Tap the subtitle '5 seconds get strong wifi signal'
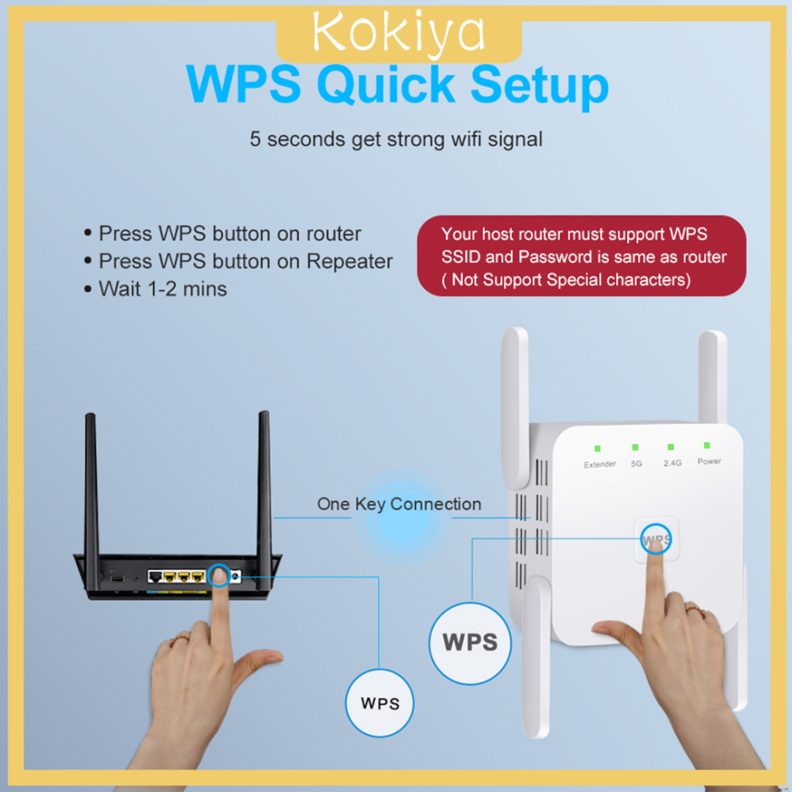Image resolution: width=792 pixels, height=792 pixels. point(396,139)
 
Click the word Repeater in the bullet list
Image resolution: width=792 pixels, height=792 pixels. point(349,261)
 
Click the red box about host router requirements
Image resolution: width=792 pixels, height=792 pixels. point(582,256)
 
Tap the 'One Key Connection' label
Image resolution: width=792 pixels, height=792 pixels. point(399,504)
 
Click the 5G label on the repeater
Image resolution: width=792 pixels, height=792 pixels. point(636,463)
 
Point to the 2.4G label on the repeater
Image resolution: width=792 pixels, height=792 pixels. point(671,462)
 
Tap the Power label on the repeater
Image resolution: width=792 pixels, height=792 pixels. point(709,461)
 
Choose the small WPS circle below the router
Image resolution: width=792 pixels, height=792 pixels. point(380,703)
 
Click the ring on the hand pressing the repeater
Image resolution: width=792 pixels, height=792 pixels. point(693,607)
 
